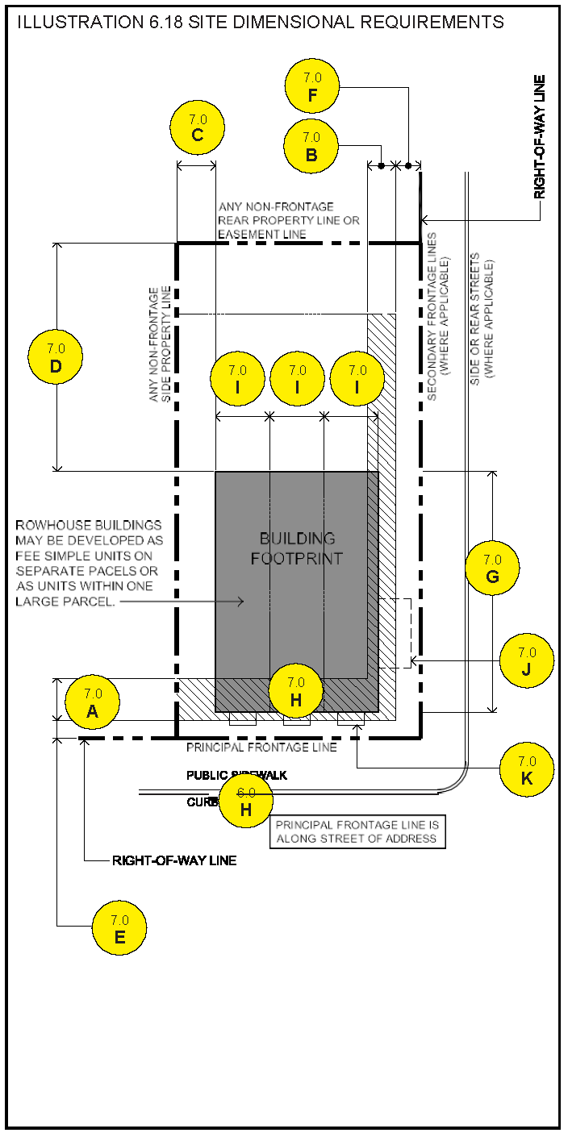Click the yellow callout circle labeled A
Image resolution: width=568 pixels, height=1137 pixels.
[93, 702]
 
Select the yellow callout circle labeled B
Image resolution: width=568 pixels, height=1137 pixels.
[311, 147]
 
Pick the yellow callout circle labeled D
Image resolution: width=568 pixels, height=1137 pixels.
[56, 357]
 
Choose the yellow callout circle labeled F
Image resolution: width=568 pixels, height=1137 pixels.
[312, 87]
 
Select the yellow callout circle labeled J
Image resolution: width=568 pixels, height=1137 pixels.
[527, 660]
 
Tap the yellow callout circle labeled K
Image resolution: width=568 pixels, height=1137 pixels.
[527, 770]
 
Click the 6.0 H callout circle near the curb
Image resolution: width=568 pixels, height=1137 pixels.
[246, 802]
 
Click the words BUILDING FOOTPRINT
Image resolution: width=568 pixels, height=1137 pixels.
[297, 548]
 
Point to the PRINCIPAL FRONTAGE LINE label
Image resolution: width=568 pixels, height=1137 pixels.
[261, 748]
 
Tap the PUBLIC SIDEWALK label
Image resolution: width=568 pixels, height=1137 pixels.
[236, 775]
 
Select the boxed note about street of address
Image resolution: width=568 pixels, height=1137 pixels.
[357, 831]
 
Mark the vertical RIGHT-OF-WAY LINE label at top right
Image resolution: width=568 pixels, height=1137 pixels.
[540, 137]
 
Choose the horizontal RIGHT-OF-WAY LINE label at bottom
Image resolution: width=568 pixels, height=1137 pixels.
[173, 860]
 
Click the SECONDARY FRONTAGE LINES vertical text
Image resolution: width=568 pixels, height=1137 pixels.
[438, 316]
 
